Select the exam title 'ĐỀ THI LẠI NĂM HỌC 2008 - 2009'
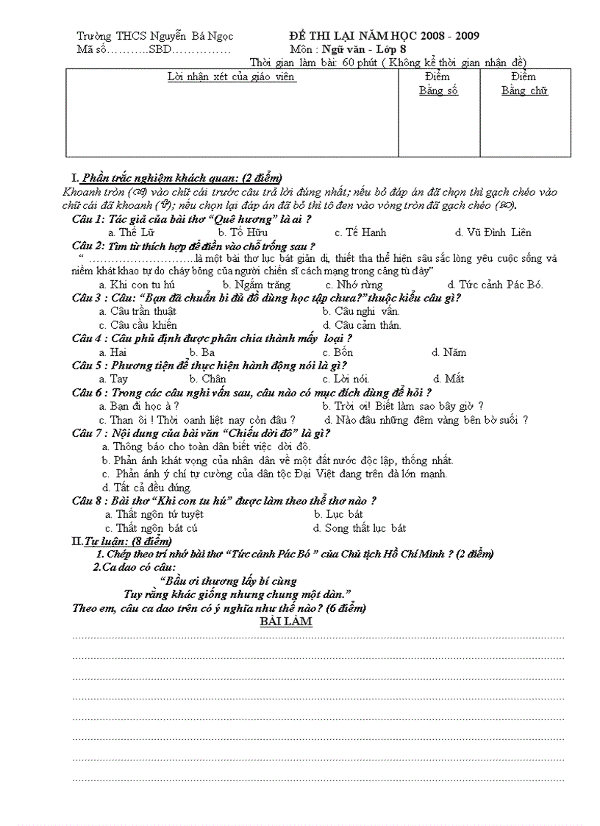[384, 36]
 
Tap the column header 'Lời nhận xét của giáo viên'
[232, 77]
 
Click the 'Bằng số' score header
[438, 90]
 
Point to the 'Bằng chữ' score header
[524, 90]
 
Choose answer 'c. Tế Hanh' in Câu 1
[360, 232]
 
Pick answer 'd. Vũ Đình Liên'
[493, 232]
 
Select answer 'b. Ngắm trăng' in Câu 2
[257, 285]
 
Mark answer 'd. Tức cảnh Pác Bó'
[490, 285]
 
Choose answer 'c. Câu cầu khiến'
[138, 325]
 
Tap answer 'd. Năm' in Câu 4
[449, 352]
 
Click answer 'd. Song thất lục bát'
[360, 528]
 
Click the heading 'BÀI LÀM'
[287, 622]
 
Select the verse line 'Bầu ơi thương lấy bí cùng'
[232, 580]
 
